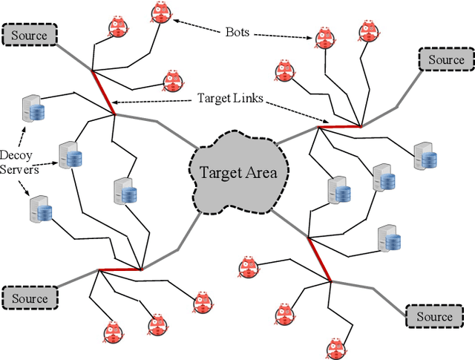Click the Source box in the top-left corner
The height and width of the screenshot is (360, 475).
click(x=28, y=35)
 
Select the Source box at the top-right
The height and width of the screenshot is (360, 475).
click(x=445, y=59)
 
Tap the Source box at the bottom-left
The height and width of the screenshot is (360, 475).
click(x=28, y=298)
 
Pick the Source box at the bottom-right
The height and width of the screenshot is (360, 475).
click(x=433, y=317)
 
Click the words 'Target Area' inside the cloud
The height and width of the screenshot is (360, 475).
click(x=237, y=173)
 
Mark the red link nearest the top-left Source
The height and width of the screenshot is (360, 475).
click(x=103, y=92)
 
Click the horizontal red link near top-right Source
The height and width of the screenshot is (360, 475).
click(x=340, y=127)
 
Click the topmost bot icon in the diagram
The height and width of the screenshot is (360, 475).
click(x=161, y=13)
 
